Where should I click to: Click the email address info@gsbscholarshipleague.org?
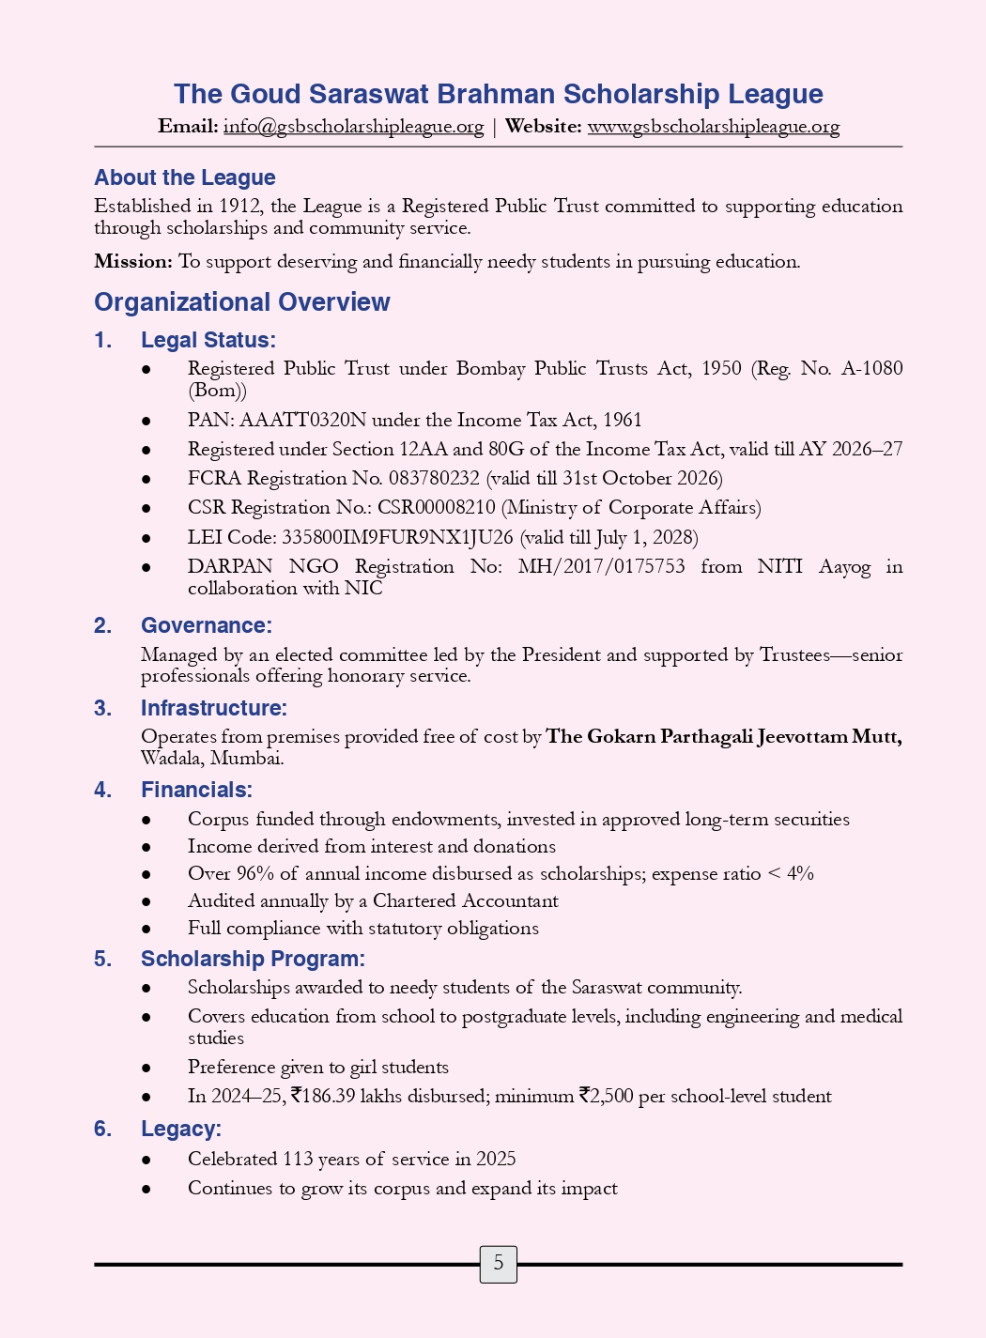point(353,127)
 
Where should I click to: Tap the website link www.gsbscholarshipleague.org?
point(713,127)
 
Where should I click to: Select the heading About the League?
point(185,177)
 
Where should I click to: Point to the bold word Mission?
point(133,262)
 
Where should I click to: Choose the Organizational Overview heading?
point(242,302)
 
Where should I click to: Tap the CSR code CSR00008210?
point(436,508)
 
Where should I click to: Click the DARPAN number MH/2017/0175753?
point(601,566)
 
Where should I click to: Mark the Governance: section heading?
point(207,625)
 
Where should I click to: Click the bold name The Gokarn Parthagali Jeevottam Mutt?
point(724,736)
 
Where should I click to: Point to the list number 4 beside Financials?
point(101,790)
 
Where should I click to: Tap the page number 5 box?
point(498,1264)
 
